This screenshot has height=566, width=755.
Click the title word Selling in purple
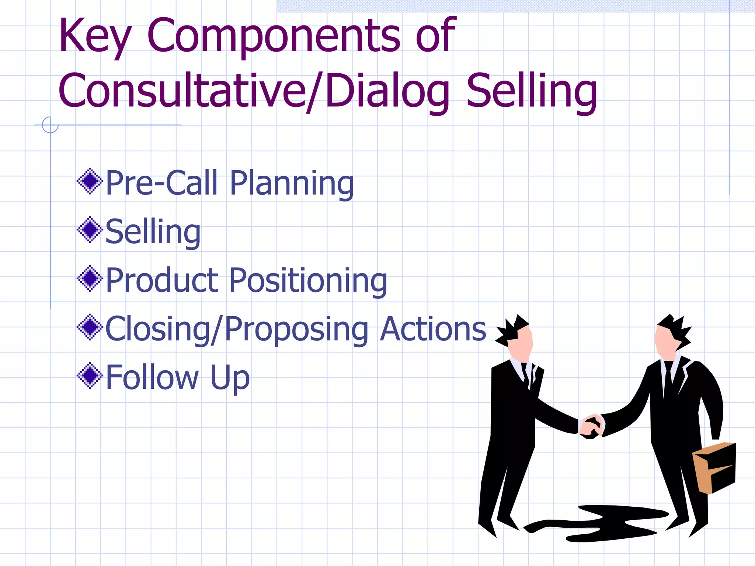point(532,91)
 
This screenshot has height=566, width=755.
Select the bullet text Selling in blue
point(153,232)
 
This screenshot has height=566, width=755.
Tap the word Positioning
point(308,281)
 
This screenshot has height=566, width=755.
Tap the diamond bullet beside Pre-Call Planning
point(90,181)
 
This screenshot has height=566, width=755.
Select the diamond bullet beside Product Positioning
point(90,279)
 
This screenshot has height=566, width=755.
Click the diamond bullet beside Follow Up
point(90,375)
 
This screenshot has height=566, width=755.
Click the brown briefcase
point(714,467)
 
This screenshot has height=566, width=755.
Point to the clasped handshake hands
point(591,426)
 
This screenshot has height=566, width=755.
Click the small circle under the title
point(50,125)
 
